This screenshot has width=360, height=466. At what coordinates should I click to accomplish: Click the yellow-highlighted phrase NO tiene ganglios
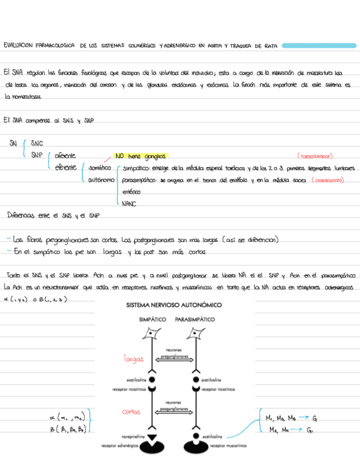click(140, 156)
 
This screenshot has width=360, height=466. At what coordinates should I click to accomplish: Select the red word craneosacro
click(328, 180)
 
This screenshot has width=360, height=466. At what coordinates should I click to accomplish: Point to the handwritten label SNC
click(37, 143)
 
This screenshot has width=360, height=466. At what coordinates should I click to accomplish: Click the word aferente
click(65, 156)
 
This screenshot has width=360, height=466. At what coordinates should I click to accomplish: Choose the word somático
click(100, 168)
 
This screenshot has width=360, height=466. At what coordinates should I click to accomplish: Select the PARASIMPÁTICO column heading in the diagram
click(195, 319)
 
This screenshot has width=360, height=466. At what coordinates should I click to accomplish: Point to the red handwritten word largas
click(135, 359)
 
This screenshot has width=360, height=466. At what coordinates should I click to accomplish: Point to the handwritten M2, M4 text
click(276, 430)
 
